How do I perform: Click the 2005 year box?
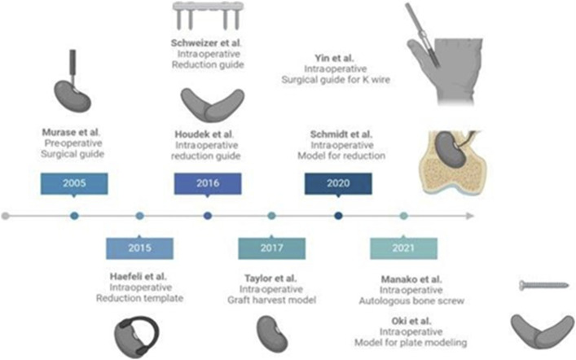pos(75,184)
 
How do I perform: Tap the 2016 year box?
pos(208,184)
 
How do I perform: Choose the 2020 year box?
pos(338,184)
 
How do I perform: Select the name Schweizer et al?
pos(207,42)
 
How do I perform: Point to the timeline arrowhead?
pos(469,216)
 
